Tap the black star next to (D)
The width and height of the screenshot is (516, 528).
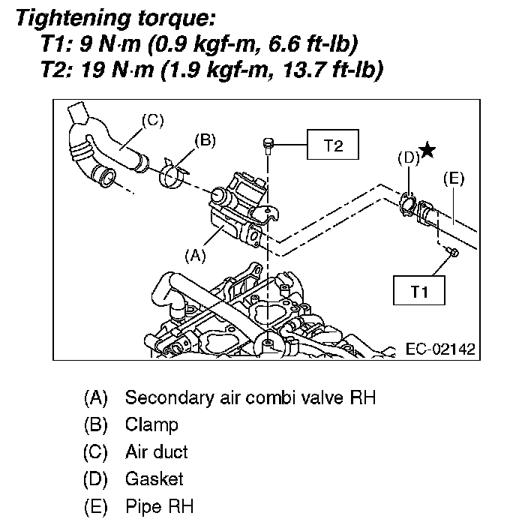click(427, 151)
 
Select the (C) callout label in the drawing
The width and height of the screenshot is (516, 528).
click(153, 119)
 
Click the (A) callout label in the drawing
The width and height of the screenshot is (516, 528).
click(194, 255)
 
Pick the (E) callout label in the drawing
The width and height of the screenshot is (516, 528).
click(454, 178)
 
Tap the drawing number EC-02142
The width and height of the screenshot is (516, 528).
click(439, 349)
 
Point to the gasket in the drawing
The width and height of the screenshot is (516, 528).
click(408, 203)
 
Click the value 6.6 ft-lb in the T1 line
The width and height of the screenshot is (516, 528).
click(322, 43)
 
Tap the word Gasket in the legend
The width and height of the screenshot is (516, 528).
click(154, 479)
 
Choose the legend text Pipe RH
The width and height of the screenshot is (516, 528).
click(160, 506)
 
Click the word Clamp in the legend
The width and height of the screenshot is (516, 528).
click(152, 425)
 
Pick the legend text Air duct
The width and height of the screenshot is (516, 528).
click(157, 452)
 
